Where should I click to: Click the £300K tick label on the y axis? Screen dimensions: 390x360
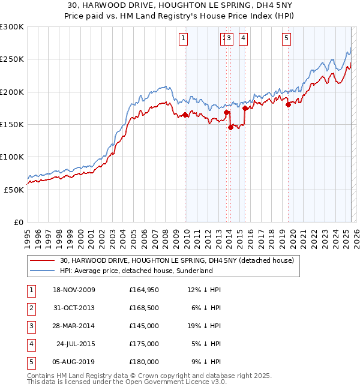pos(12,27)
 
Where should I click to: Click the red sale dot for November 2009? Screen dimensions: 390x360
pos(185,115)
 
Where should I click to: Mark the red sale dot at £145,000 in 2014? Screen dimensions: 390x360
pos(231,127)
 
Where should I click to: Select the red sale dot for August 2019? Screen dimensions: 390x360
pos(288,105)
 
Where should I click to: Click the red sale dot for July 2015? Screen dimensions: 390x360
pos(245,109)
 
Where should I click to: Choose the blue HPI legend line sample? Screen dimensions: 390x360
pos(43,271)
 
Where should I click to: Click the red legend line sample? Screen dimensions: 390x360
pos(43,260)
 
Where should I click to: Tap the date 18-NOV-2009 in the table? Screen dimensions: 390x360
pos(74,290)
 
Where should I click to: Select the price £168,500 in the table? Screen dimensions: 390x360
pos(144,308)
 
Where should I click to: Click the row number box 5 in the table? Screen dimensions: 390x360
pos(31,362)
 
